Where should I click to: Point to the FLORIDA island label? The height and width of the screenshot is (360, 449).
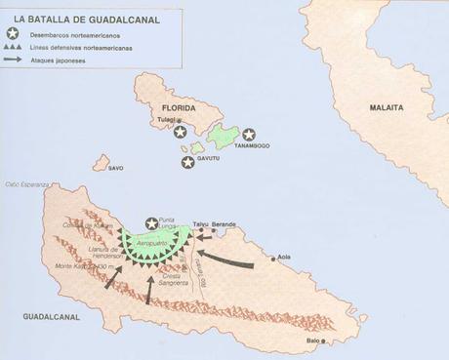coord(180,106)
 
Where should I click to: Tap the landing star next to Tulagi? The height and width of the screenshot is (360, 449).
coord(182,134)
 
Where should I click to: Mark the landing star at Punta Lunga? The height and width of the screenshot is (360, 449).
coord(150,223)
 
